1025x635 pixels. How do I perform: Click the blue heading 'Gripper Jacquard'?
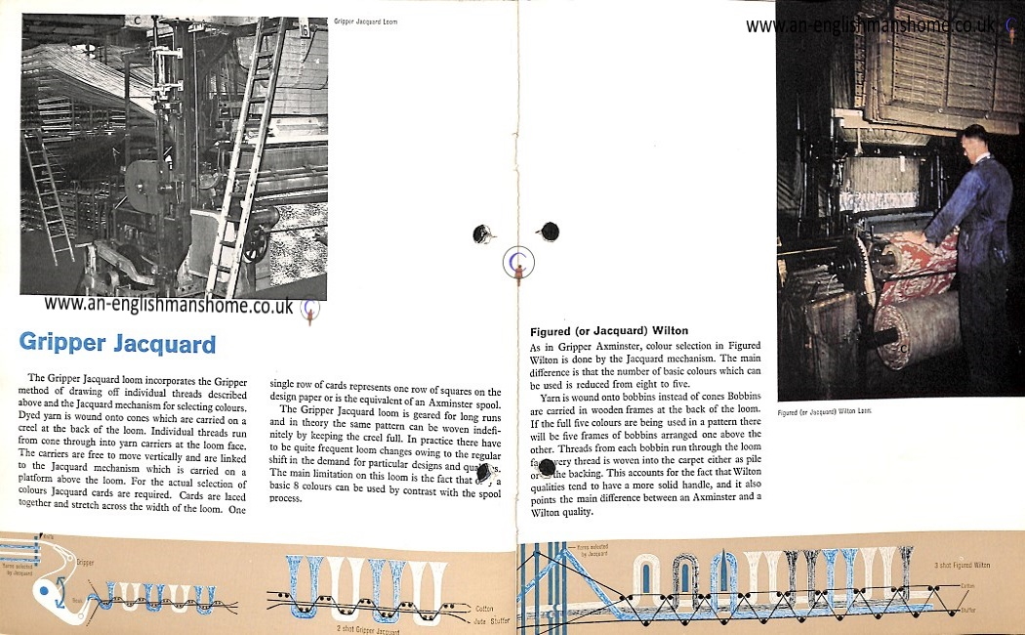coord(117,344)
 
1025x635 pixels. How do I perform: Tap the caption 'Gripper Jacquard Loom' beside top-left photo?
coord(365,21)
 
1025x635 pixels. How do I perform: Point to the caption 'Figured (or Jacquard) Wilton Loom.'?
coord(824,411)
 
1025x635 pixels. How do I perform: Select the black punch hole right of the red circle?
coord(550,232)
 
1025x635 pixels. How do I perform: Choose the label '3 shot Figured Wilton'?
coord(962,565)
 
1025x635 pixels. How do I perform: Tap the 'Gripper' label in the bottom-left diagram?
coord(86,563)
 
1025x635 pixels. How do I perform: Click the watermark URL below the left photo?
coord(169,305)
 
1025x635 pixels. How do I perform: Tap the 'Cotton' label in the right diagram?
coord(968,585)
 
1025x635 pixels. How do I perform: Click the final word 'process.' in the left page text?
coord(286,497)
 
